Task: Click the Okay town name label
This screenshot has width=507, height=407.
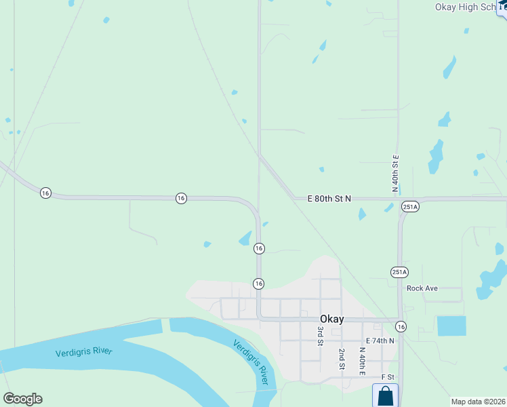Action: coord(331,319)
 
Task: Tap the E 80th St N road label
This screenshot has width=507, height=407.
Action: coord(329,198)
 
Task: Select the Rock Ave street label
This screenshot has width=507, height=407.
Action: coord(422,288)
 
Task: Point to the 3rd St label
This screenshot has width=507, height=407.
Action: coord(321,335)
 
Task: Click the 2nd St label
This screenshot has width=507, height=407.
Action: coord(342,359)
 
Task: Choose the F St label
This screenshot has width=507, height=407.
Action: coord(388,376)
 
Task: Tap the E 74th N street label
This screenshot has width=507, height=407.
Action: coord(380,341)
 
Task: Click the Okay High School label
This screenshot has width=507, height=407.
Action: coord(467,7)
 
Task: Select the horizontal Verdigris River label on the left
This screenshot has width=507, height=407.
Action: coord(84,352)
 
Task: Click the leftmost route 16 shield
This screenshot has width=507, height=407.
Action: coord(45,193)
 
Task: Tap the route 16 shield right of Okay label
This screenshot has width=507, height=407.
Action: coord(401,326)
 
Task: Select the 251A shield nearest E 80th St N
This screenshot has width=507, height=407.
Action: coord(410,206)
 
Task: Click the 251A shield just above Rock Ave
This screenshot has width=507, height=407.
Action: coord(399,272)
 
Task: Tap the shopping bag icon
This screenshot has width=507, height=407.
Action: coord(385,395)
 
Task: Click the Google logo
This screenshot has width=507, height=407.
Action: coord(22,399)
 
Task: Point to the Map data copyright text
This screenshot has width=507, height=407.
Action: coord(479,401)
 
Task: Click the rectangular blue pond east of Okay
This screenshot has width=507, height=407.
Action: coord(451,326)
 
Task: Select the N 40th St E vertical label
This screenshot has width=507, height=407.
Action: coord(395,173)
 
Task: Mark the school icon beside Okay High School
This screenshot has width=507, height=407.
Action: coord(502,7)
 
